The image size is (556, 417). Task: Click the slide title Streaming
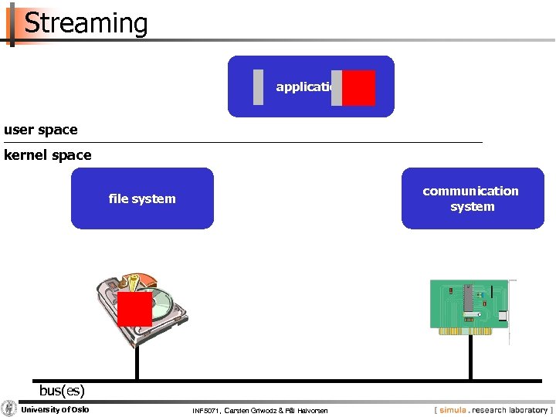tap(86, 23)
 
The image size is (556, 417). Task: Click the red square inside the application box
tap(358, 88)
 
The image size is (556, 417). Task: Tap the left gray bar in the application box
tap(258, 87)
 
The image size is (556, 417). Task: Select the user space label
tap(41, 130)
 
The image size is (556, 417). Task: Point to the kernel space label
tap(48, 155)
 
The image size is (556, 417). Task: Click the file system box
tap(142, 198)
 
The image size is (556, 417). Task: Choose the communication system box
tap(471, 198)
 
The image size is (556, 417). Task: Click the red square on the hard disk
tap(134, 309)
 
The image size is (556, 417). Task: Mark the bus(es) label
tap(62, 390)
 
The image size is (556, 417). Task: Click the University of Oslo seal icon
tap(9, 409)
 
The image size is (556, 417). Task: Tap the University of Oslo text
tap(55, 409)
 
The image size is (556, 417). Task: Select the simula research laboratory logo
tap(493, 409)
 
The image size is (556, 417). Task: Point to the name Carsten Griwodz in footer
tap(249, 410)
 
